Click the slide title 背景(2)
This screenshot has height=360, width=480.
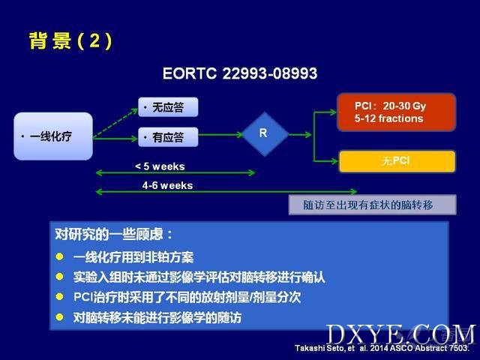click(70, 40)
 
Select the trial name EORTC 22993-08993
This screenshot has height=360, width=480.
click(240, 73)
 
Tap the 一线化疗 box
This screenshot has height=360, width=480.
click(53, 136)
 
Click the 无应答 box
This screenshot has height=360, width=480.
click(168, 107)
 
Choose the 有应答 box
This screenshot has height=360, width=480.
click(168, 136)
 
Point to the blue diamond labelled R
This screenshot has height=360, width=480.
click(265, 134)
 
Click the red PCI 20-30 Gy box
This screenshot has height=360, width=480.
click(397, 112)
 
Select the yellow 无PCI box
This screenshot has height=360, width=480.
click(397, 161)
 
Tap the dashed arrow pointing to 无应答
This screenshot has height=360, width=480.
click(115, 123)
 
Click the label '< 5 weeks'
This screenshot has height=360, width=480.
click(160, 166)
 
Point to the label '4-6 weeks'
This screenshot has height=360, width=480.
click(167, 185)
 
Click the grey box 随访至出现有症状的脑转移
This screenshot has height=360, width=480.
click(372, 205)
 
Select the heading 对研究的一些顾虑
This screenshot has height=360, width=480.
click(114, 235)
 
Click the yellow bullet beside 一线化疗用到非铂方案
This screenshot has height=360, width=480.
click(60, 256)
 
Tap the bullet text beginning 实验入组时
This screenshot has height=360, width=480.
click(199, 277)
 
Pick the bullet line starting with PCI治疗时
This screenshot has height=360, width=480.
click(187, 297)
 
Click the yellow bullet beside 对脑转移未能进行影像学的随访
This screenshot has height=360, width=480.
click(60, 316)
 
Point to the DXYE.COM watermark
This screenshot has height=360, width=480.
click(401, 334)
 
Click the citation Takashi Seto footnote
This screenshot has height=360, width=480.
click(382, 348)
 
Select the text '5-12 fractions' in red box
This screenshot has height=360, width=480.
click(388, 118)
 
